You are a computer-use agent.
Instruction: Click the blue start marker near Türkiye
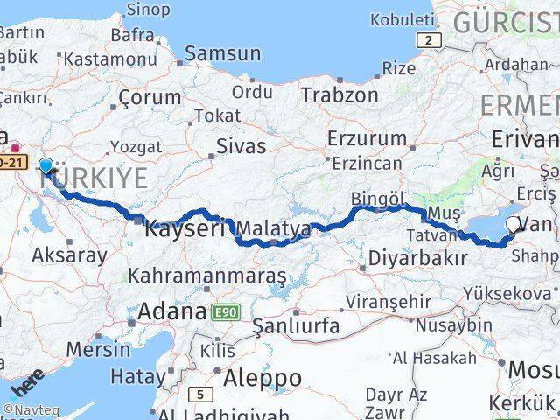pyautogui.click(x=45, y=165)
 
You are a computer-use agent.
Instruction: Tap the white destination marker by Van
pyautogui.click(x=514, y=225)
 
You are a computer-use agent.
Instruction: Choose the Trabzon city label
pyautogui.click(x=339, y=94)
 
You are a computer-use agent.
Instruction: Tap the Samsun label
pyautogui.click(x=222, y=53)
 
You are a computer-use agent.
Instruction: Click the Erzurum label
pyautogui.click(x=367, y=138)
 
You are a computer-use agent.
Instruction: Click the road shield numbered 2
pyautogui.click(x=428, y=39)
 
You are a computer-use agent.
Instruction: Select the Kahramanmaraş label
pyautogui.click(x=207, y=276)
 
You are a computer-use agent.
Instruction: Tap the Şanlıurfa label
pyautogui.click(x=296, y=326)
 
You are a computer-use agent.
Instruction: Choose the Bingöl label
pyautogui.click(x=374, y=198)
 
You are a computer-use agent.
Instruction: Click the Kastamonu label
pyautogui.click(x=109, y=59)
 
